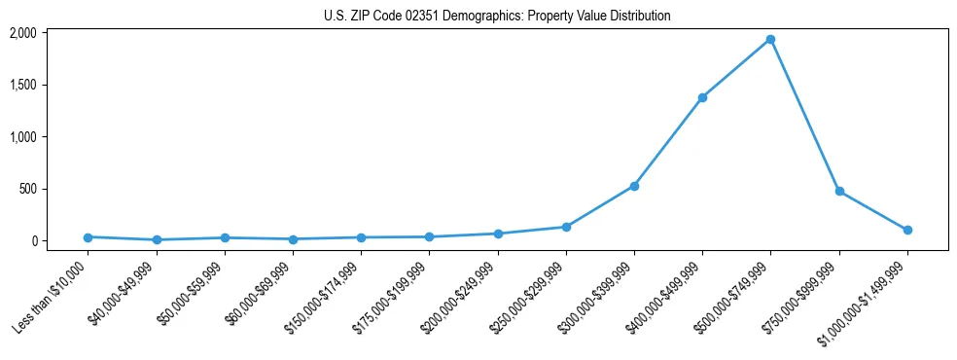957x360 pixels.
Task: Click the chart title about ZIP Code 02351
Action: click(x=497, y=16)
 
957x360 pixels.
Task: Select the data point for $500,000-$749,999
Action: click(x=770, y=40)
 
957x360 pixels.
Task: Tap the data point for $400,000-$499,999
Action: click(x=702, y=97)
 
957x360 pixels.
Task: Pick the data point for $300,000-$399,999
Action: click(x=634, y=186)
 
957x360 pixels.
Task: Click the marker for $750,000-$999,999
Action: click(x=839, y=192)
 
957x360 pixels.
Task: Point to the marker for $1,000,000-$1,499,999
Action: click(x=907, y=231)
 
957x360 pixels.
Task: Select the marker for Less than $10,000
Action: click(x=88, y=237)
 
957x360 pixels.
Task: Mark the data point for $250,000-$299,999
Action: click(x=566, y=227)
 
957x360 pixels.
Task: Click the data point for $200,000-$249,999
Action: click(x=498, y=234)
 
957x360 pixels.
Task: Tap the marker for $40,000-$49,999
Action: click(x=157, y=240)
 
